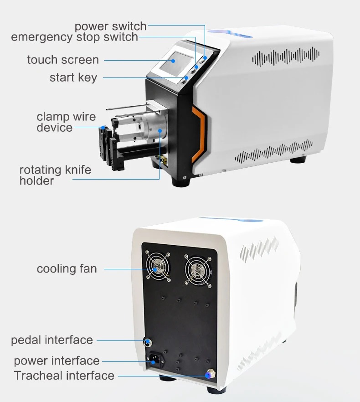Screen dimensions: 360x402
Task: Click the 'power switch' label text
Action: coord(111,26)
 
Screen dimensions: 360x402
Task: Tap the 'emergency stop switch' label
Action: coord(75,37)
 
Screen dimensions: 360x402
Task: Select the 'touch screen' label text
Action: coord(63,60)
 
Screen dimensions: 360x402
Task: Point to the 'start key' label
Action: coord(73,77)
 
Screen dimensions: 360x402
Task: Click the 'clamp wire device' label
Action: coord(66,122)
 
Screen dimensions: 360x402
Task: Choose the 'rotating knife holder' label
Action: coord(55,175)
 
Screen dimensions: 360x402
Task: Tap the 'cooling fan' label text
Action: coord(67,269)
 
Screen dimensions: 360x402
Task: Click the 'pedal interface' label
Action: coord(52,340)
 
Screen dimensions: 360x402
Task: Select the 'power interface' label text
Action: coord(57,361)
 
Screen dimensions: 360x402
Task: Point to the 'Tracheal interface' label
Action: coord(64,376)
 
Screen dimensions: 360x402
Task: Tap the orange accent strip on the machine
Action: coord(199,135)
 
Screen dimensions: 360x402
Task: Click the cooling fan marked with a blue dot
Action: coord(158,267)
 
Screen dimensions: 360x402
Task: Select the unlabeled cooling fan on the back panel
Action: coord(198,271)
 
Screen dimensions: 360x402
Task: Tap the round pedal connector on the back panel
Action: coord(147,342)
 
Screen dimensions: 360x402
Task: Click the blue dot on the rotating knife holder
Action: coord(160,131)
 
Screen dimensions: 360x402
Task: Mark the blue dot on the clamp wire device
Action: coord(103,127)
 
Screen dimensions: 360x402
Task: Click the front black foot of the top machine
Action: coord(181,181)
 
